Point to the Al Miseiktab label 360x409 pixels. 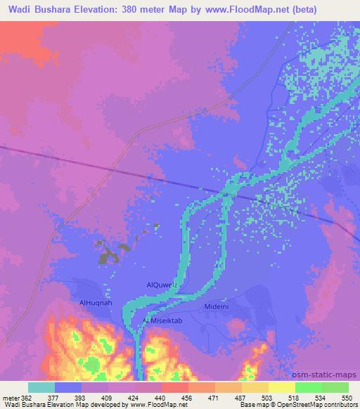click(x=163, y=320)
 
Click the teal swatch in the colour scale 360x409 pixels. click(x=41, y=387)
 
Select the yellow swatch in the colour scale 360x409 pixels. click(x=281, y=387)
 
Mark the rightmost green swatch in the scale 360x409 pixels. click(x=335, y=387)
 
